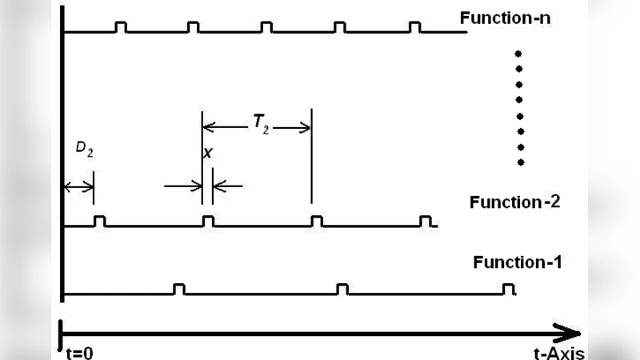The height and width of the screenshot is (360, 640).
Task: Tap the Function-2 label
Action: point(514,202)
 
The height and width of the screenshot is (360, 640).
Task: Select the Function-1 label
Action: point(518,262)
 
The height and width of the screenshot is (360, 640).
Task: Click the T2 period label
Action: point(261,123)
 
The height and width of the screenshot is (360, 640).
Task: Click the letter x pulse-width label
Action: point(208,153)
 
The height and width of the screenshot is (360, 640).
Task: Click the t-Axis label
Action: point(558,353)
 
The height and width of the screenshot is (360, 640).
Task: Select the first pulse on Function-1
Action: point(179,289)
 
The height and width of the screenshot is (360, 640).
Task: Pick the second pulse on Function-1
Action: point(342,289)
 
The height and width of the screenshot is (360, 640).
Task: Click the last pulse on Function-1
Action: point(506,289)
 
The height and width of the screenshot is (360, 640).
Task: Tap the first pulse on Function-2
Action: point(100,222)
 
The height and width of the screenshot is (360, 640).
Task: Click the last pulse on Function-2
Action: point(426,222)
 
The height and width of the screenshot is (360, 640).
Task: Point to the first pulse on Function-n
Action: point(120,27)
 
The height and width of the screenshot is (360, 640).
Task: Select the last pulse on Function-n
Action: point(414,27)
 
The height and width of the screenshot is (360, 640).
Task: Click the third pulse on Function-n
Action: point(266,27)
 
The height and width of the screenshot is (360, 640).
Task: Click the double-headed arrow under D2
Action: point(78,186)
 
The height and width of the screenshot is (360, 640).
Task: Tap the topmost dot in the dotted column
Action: point(519,53)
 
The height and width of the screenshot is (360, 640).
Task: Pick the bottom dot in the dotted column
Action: point(520,162)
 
